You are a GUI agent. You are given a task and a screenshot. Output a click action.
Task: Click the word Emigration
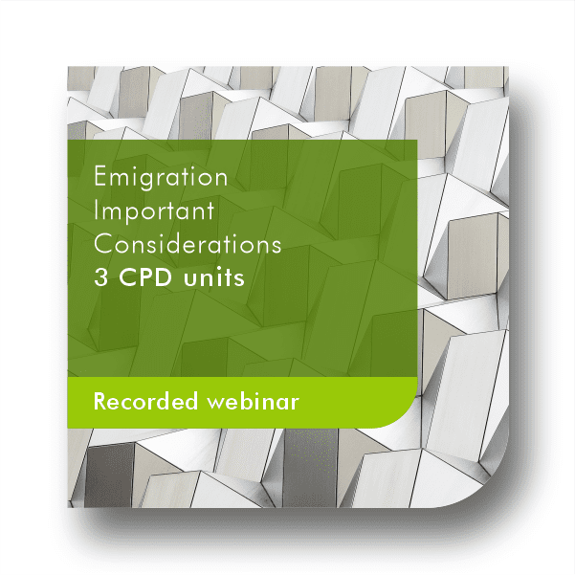pyautogui.click(x=161, y=178)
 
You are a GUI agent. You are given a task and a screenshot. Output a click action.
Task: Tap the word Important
pyautogui.click(x=154, y=212)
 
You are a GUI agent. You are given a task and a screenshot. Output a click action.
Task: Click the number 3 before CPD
pyautogui.click(x=100, y=277)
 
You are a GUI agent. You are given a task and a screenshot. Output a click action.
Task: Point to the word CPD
pyautogui.click(x=145, y=277)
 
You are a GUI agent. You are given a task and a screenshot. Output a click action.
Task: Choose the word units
pyautogui.click(x=213, y=278)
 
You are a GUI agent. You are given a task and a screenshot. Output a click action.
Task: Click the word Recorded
pyautogui.click(x=145, y=401)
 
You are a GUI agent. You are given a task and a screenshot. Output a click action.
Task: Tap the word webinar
pyautogui.click(x=253, y=401)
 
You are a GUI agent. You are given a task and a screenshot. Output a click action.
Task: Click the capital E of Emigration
pyautogui.click(x=100, y=176)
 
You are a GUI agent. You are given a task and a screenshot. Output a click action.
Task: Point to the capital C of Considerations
pyautogui.click(x=103, y=244)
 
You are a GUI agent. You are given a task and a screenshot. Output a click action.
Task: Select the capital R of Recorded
pyautogui.click(x=100, y=401)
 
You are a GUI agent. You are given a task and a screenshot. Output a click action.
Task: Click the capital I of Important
pyautogui.click(x=96, y=210)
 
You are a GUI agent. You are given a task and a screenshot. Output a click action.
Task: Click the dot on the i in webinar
pyautogui.click(x=261, y=394)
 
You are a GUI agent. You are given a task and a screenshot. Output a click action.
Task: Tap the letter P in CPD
pyautogui.click(x=144, y=277)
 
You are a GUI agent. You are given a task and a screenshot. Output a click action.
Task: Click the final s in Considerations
pyautogui.click(x=276, y=248)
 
